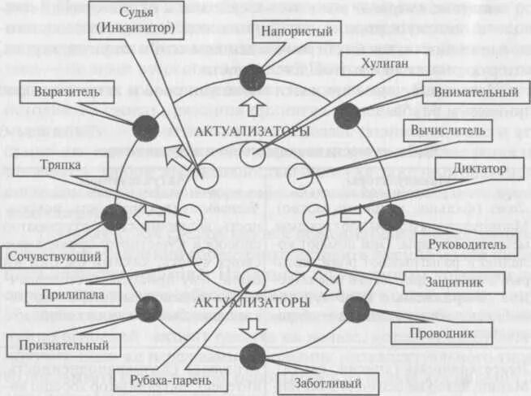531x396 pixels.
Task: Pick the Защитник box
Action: coord(441,281)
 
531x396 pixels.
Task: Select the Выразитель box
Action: coord(67,92)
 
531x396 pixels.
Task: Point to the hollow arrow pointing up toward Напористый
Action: coord(253,104)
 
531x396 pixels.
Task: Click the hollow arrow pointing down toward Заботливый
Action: coord(253,328)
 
